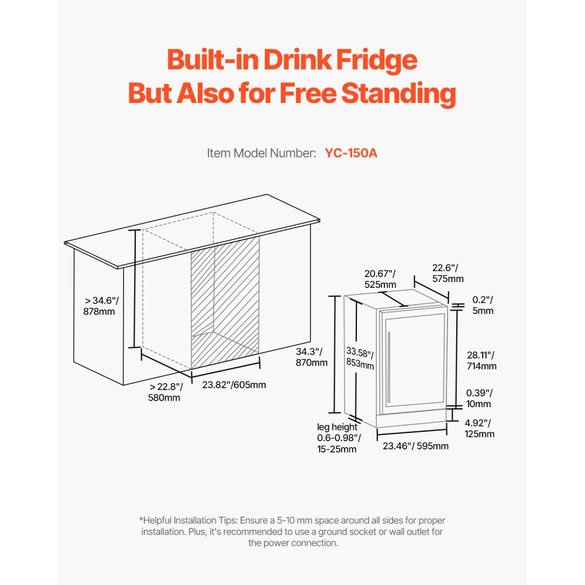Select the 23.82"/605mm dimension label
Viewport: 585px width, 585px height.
[x=234, y=385]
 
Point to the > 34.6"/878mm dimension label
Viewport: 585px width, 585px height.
[x=101, y=306]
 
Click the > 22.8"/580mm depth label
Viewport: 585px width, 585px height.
[x=166, y=392]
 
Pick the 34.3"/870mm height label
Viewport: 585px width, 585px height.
[x=312, y=357]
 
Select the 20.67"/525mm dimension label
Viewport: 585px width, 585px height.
[x=380, y=278]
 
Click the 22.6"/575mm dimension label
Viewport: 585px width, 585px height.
[x=448, y=273]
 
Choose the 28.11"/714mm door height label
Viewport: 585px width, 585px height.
[x=481, y=360]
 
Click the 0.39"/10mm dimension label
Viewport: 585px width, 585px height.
[x=479, y=398]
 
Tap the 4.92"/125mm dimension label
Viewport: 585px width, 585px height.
[x=480, y=428]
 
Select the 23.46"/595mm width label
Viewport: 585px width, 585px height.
[x=415, y=446]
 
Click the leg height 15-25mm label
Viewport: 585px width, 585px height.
[x=338, y=438]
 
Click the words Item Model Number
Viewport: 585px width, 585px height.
[x=261, y=153]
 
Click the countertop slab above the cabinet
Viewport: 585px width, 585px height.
[x=193, y=231]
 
